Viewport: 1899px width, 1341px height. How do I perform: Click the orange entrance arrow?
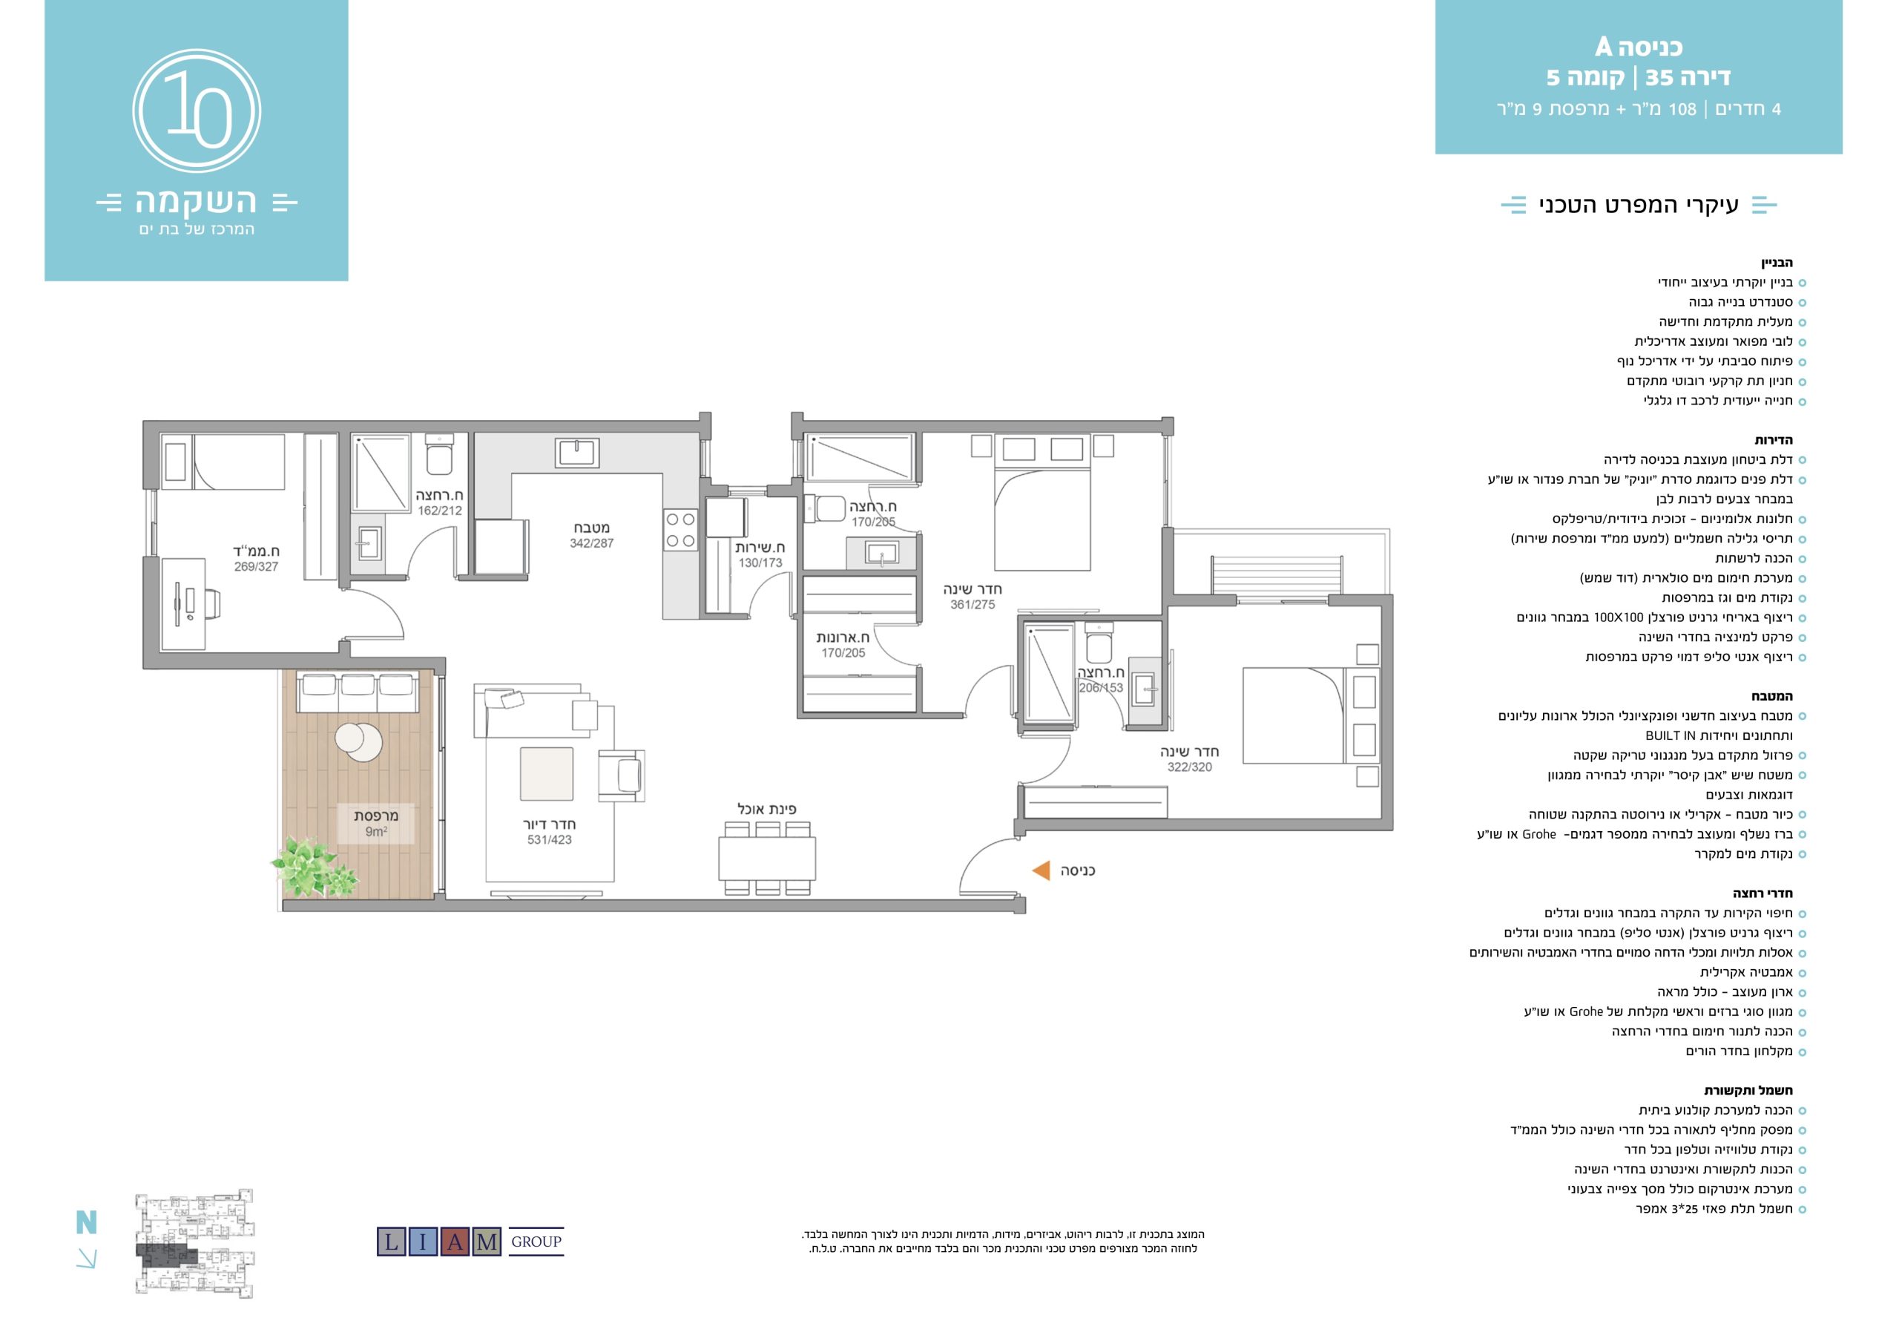pyautogui.click(x=1041, y=870)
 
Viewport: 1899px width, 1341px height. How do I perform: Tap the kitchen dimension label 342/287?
pyautogui.click(x=591, y=543)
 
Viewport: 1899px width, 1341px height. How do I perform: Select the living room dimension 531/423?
pyautogui.click(x=549, y=839)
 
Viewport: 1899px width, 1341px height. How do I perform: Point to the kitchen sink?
pyautogui.click(x=577, y=453)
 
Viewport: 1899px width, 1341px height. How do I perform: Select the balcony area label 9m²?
pyautogui.click(x=376, y=831)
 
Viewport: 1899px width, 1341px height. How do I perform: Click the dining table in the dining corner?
pyautogui.click(x=767, y=858)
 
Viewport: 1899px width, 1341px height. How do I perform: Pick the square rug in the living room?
pyautogui.click(x=546, y=773)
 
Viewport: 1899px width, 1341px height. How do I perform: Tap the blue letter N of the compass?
pyautogui.click(x=86, y=1222)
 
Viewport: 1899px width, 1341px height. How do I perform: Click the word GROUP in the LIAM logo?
pyautogui.click(x=536, y=1242)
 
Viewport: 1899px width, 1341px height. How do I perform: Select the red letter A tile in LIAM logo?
pyautogui.click(x=455, y=1242)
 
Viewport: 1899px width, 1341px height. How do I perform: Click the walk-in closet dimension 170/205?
pyautogui.click(x=843, y=653)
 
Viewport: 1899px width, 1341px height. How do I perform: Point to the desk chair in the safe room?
pyautogui.click(x=211, y=603)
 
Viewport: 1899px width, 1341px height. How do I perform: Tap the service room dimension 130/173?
pyautogui.click(x=760, y=563)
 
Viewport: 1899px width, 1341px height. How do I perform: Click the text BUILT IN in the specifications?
pyautogui.click(x=1670, y=735)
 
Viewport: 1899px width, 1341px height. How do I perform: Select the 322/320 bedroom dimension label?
pyautogui.click(x=1189, y=767)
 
